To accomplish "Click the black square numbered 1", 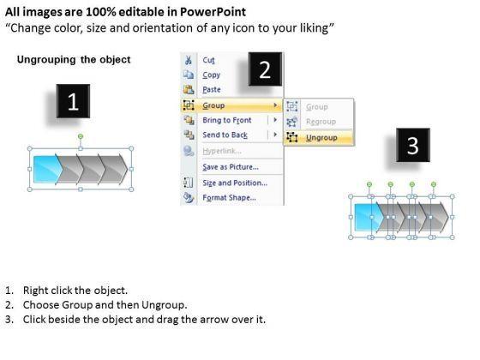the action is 73,101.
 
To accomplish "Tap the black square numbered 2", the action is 265,69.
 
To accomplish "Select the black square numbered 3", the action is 413,145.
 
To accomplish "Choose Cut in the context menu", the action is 209,60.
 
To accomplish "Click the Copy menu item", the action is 211,75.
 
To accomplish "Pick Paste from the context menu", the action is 212,90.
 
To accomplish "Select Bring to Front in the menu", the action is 227,120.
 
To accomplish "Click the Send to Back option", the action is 225,135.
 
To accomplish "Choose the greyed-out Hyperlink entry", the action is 222,151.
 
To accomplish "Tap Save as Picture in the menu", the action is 231,167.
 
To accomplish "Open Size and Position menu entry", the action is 235,183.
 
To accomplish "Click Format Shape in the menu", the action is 230,198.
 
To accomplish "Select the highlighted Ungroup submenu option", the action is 321,138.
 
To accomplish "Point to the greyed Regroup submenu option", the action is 321,122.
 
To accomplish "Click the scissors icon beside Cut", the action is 189,60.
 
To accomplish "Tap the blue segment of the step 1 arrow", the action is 47,169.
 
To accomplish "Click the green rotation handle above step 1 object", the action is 81,136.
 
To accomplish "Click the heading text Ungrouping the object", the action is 74,59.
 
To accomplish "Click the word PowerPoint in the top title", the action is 213,12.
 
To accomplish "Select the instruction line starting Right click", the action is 66,291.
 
